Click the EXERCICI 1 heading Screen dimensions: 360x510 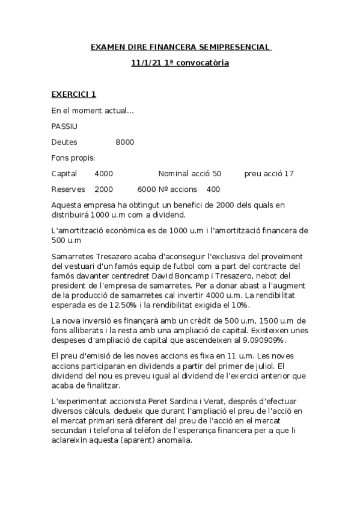pos(73,94)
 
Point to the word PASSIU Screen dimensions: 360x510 pos(64,126)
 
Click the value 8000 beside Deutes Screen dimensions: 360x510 pos(124,142)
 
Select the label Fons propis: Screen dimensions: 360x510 pos(73,158)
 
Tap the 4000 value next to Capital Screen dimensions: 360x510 pos(104,173)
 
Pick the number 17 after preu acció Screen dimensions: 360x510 pos(289,173)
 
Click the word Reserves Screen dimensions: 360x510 pos(69,189)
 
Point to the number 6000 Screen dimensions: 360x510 pos(147,189)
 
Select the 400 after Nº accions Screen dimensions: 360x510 pos(213,189)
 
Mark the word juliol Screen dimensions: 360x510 pos(269,366)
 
